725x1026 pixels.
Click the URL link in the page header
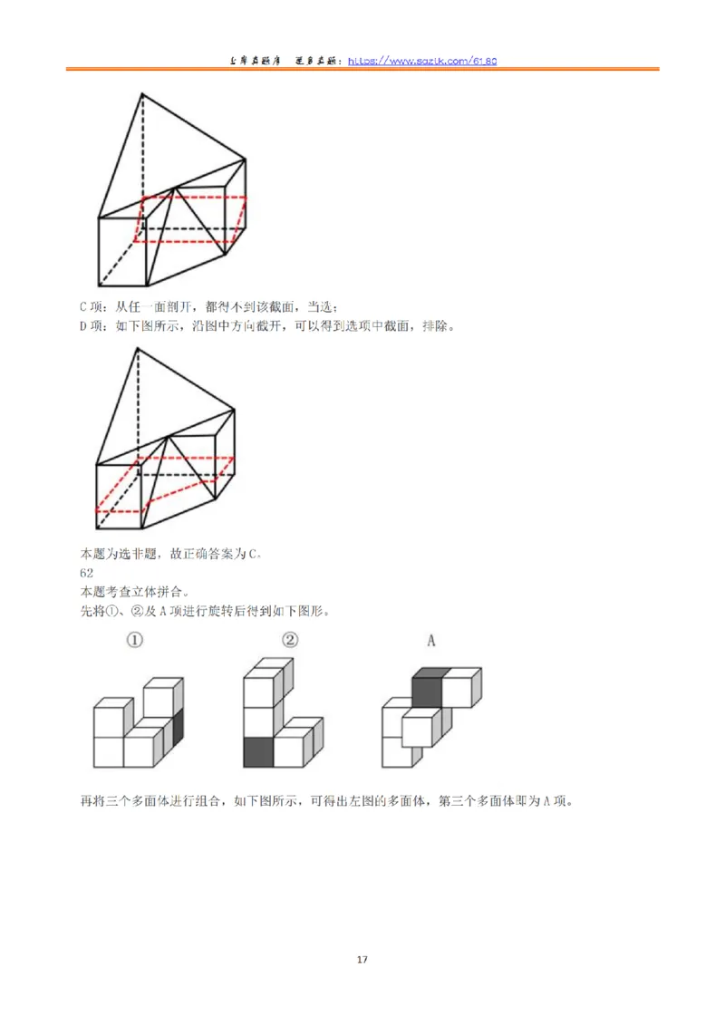441,61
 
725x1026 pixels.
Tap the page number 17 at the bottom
362,959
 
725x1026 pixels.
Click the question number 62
87,573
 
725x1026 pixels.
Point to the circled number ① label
135,641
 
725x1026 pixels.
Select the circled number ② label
290,641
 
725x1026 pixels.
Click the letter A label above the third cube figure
431,641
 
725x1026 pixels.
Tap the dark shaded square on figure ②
257,752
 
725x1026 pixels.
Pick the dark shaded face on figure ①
178,724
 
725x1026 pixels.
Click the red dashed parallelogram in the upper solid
190,218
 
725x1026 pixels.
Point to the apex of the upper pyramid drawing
141,93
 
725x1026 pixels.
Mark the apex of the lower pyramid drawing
137,350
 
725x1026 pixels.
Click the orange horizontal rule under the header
362,70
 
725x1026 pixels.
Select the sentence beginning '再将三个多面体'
325,801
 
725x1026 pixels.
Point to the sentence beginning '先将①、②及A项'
204,610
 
